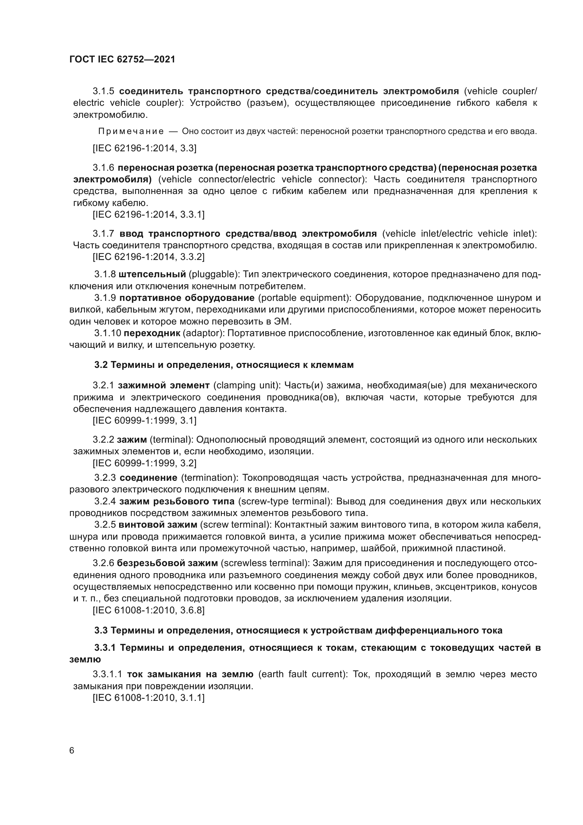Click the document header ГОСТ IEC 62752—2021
[122, 59]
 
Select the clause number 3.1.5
[103, 91]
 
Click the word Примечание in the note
[131, 132]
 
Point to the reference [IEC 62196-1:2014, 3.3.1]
[149, 214]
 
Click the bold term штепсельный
[152, 274]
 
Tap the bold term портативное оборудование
[187, 298]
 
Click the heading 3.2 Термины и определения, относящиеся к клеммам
[224, 365]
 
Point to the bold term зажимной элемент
[163, 386]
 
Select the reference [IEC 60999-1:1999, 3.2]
[145, 463]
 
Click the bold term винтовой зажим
[158, 525]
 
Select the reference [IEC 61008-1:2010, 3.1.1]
[149, 698]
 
